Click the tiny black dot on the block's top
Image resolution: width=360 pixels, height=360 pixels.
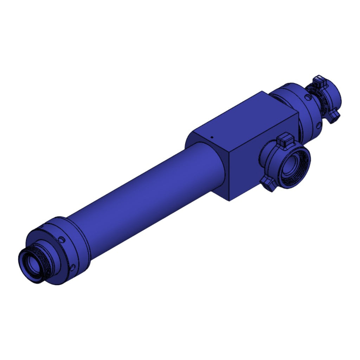point(212,137)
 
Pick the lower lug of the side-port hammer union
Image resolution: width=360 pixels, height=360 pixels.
point(268,184)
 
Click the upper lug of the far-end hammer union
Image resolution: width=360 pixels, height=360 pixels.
point(320,81)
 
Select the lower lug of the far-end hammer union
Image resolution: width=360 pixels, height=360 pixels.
point(334,116)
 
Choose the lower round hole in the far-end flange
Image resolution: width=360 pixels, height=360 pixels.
point(319,125)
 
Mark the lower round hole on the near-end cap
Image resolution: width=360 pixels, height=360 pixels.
point(72,268)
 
